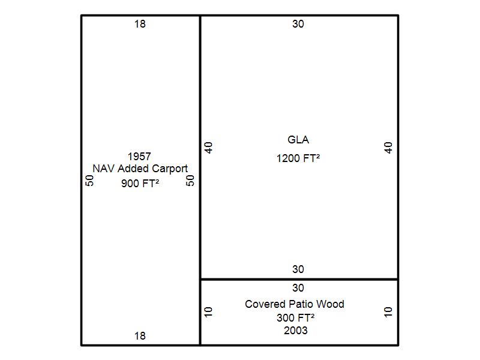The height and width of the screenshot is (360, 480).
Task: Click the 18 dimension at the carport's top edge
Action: coord(140,24)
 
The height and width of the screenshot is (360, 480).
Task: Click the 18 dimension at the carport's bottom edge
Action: coord(140,336)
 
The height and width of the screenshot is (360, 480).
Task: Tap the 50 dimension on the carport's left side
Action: coord(89,180)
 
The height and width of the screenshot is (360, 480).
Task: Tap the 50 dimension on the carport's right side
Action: coord(190,180)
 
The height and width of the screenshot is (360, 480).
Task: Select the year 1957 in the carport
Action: coord(139,157)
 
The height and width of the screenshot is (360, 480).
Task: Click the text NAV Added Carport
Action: coord(140,169)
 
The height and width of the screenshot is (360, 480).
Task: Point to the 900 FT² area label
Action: coord(140,184)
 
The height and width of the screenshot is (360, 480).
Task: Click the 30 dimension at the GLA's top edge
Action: coord(298,24)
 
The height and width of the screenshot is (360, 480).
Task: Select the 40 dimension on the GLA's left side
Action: coord(209,147)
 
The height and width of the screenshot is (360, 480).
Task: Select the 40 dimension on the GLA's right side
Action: coord(388,147)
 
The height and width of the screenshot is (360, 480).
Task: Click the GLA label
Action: coord(298,140)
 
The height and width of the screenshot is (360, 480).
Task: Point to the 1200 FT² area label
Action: coord(298,158)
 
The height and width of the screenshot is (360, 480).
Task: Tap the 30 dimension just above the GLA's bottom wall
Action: coord(298,269)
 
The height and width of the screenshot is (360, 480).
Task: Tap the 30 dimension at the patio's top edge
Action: coord(298,288)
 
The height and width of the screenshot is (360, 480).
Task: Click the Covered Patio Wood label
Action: coord(295,304)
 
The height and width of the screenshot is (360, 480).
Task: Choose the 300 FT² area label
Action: coord(296,317)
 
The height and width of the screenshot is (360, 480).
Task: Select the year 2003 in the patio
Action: coord(296,330)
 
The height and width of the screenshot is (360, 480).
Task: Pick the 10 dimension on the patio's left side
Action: coord(209,312)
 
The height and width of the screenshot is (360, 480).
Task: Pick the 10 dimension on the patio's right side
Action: coord(388,312)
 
